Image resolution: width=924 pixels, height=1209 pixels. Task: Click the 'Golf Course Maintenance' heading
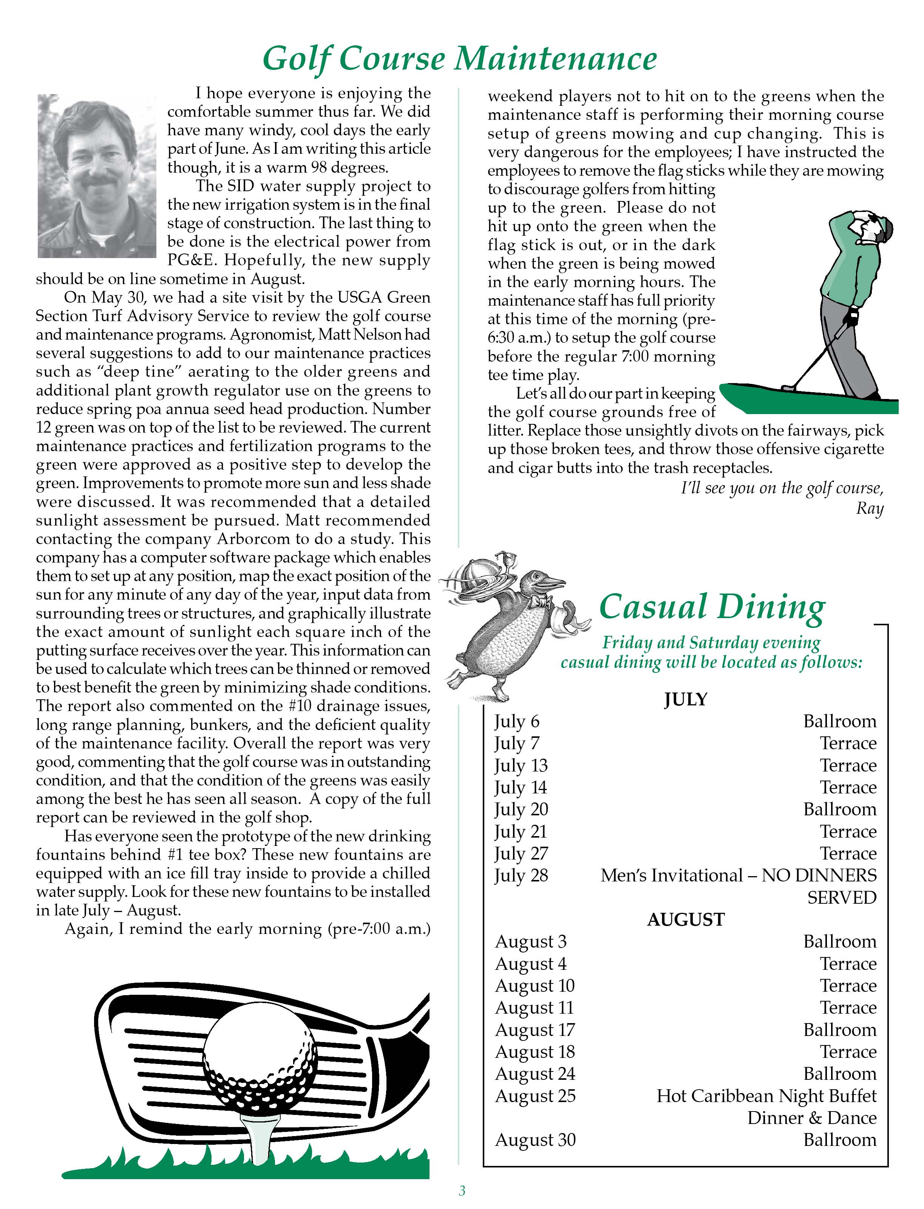point(460,59)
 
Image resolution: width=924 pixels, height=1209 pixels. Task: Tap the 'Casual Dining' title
point(712,607)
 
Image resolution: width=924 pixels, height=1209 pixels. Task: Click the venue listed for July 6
point(839,721)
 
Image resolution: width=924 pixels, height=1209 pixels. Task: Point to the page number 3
point(462,1191)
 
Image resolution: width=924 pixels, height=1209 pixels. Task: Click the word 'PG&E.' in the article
point(193,260)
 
